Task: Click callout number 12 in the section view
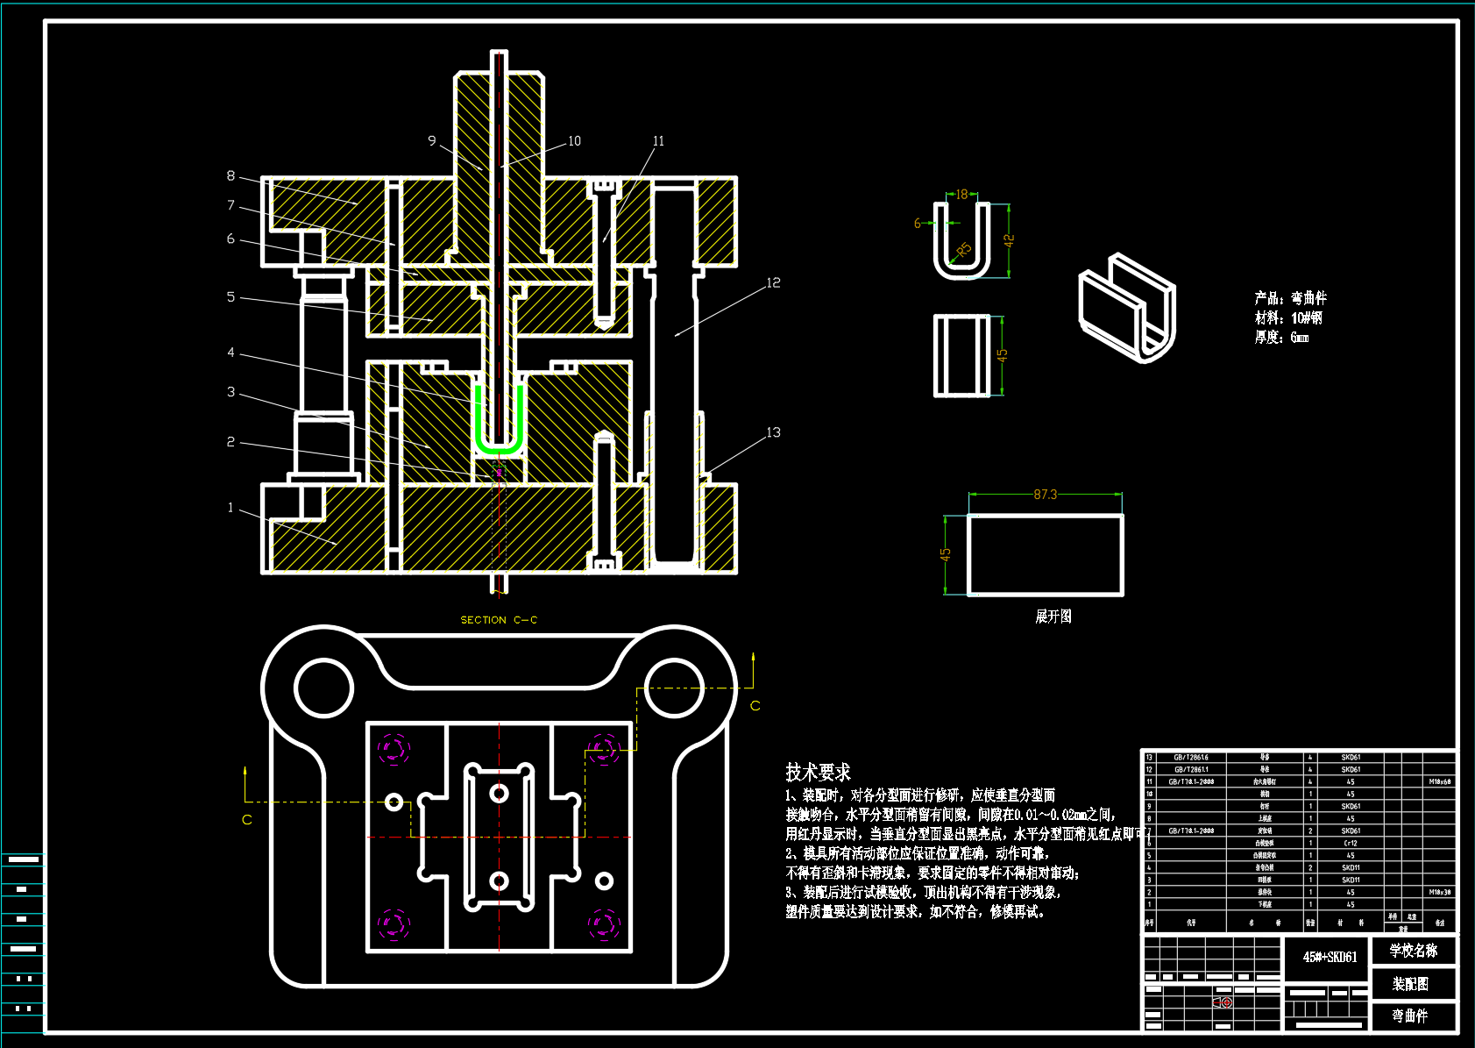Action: (x=773, y=283)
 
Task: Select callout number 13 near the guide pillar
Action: (x=773, y=432)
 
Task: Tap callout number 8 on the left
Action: (x=230, y=176)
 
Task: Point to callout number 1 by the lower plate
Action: (x=230, y=508)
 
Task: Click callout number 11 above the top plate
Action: (x=658, y=141)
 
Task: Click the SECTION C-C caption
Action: (x=499, y=620)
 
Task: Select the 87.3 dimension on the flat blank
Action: (x=1045, y=495)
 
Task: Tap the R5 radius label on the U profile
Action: (x=963, y=250)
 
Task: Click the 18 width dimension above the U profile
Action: (x=961, y=195)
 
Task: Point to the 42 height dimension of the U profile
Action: (x=1009, y=239)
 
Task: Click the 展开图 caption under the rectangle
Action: (x=1053, y=617)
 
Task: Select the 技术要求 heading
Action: (x=818, y=773)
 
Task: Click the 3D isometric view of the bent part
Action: (x=1127, y=307)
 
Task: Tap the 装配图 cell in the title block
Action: (x=1410, y=984)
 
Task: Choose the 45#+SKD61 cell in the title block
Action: (x=1329, y=957)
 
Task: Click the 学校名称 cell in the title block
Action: (x=1413, y=951)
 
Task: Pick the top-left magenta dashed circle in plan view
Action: (x=394, y=749)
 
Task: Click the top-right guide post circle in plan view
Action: (x=674, y=688)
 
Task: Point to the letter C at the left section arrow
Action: (x=247, y=820)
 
